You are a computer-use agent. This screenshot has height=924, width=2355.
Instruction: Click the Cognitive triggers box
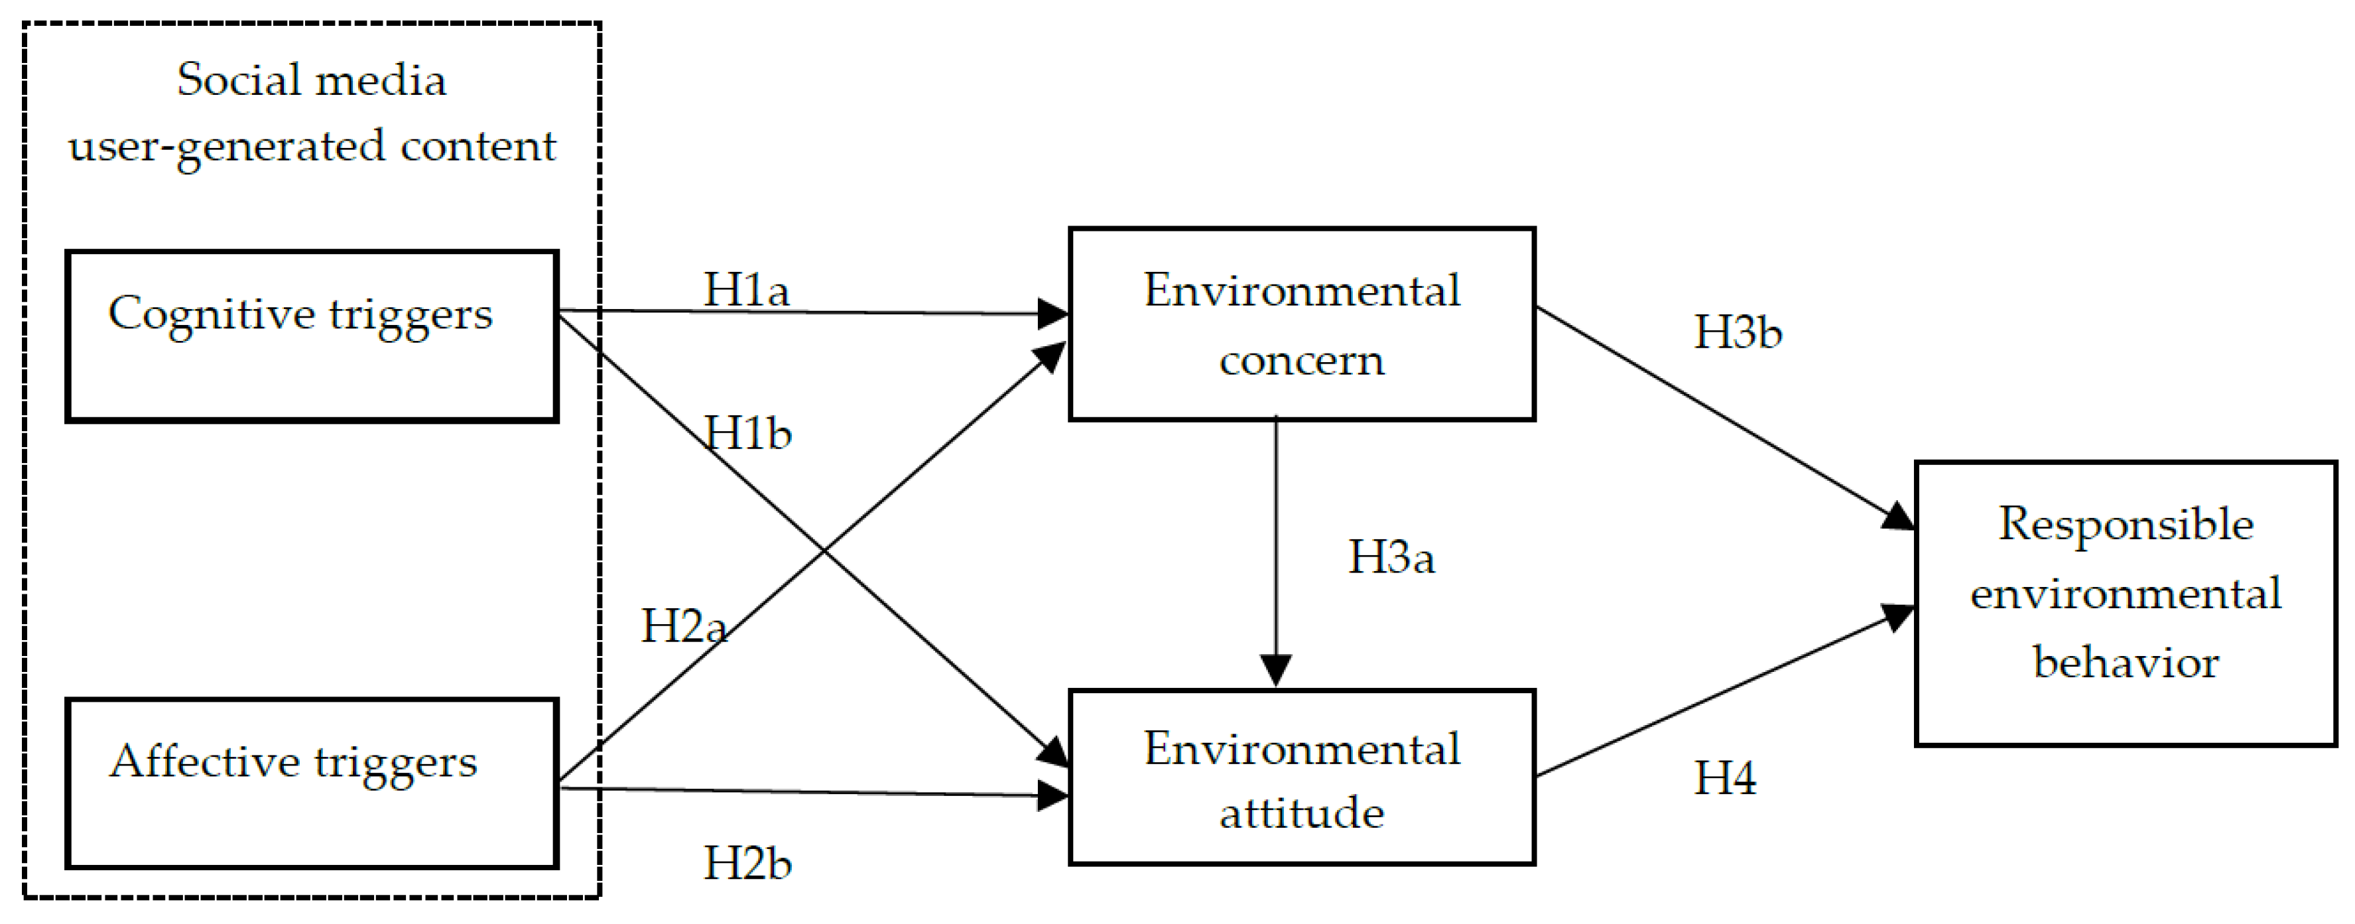point(311,336)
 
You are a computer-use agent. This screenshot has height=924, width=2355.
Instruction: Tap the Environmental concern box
point(1301,324)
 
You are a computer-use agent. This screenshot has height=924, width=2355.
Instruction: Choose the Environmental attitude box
point(1301,777)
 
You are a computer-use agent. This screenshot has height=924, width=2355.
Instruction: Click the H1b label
point(747,433)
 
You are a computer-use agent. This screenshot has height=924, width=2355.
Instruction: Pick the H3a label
point(1391,557)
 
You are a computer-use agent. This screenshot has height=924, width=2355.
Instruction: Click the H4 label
point(1725,779)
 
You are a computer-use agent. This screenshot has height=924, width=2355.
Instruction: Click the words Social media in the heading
point(312,80)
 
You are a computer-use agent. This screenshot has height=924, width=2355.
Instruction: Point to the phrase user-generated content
point(312,146)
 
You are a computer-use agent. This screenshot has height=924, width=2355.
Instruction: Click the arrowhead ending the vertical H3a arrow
point(1275,669)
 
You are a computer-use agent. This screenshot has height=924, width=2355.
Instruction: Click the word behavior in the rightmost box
point(2126,663)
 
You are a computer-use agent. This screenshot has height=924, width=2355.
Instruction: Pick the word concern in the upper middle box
point(1301,361)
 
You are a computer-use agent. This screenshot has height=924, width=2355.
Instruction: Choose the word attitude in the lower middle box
point(1301,813)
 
